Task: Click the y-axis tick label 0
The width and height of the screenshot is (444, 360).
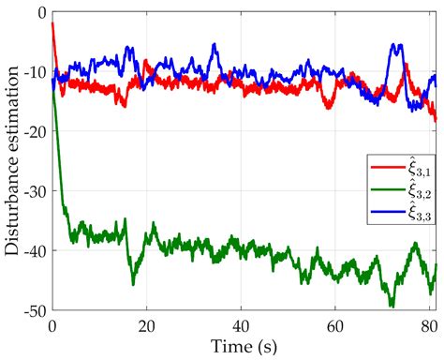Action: coord(38,13)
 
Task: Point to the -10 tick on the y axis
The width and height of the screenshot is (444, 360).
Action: coord(33,73)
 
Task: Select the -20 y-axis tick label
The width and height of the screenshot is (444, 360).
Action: coord(33,132)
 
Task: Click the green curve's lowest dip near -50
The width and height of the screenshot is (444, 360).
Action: coord(392,306)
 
